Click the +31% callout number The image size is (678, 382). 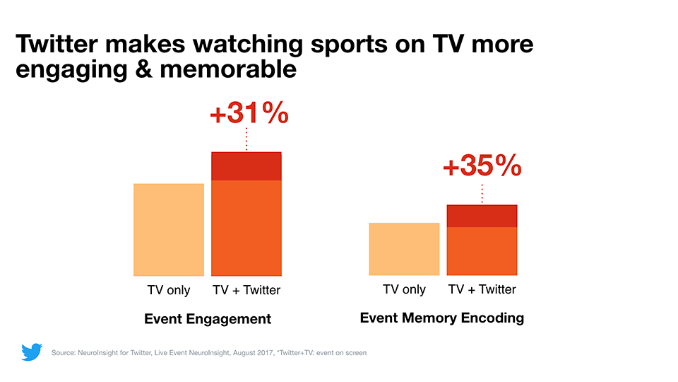249,114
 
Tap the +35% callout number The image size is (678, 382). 482,166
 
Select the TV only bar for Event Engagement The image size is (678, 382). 169,229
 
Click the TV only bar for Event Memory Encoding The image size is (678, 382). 404,249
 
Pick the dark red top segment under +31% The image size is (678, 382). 246,166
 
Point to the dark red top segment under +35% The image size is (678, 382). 482,216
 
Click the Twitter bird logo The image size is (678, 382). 32,352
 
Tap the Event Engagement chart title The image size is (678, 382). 208,319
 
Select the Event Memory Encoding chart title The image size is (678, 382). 442,318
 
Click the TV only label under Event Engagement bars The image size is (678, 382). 169,290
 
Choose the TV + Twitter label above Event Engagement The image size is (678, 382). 246,290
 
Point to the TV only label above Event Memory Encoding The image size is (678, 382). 404,289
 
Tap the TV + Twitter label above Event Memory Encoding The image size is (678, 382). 482,289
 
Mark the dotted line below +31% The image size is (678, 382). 246,139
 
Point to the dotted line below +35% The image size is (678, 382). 482,192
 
